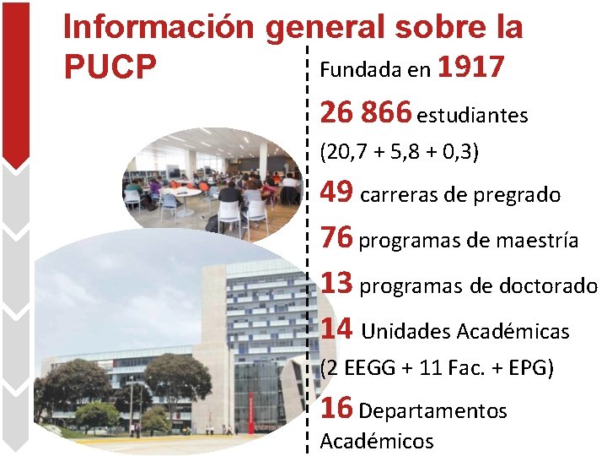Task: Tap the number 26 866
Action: pyautogui.click(x=366, y=111)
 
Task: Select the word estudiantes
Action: pyautogui.click(x=472, y=115)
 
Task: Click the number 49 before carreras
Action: pyautogui.click(x=337, y=193)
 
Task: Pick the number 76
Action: pyautogui.click(x=337, y=237)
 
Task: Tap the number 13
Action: pyautogui.click(x=337, y=283)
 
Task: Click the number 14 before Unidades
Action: pyautogui.click(x=337, y=328)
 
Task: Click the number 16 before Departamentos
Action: pyautogui.click(x=337, y=408)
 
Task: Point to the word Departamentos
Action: pyautogui.click(x=432, y=411)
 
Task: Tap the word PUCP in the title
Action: pyautogui.click(x=110, y=68)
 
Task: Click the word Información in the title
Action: pyautogui.click(x=159, y=27)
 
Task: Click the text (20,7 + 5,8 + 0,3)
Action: pyautogui.click(x=400, y=152)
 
